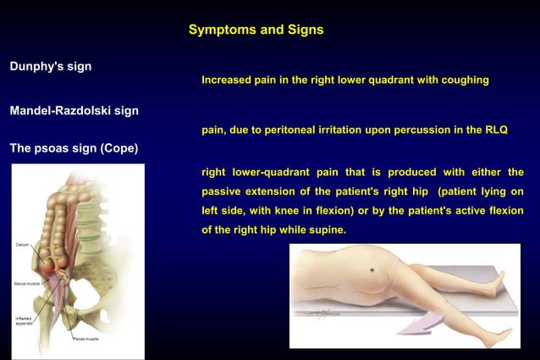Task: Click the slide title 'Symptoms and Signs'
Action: pyautogui.click(x=256, y=30)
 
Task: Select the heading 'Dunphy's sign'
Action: pyautogui.click(x=51, y=66)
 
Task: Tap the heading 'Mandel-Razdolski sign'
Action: pyautogui.click(x=74, y=111)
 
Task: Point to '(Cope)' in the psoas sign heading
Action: pyautogui.click(x=119, y=148)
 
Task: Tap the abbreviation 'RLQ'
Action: pyautogui.click(x=493, y=130)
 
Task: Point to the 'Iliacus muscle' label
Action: pyautogui.click(x=27, y=285)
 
